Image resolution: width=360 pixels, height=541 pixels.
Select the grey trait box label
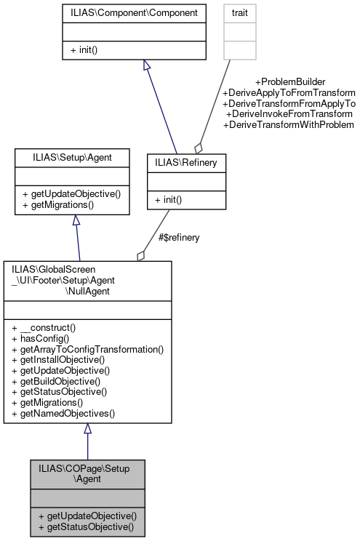pyautogui.click(x=239, y=13)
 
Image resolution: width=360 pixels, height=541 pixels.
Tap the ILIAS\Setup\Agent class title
pyautogui.click(x=72, y=157)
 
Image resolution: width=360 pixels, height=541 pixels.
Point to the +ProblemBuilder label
pyautogui.click(x=289, y=82)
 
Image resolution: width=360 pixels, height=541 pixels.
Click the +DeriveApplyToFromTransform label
pyautogui.click(x=289, y=93)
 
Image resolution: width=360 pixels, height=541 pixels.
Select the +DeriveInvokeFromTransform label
pyautogui.click(x=289, y=114)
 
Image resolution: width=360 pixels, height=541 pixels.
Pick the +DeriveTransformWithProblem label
pyautogui.click(x=289, y=125)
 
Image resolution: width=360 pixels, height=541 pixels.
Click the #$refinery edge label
pyautogui.click(x=179, y=237)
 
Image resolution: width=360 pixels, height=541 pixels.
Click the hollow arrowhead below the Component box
pyautogui.click(x=146, y=65)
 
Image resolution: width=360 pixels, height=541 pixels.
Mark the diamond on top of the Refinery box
pyautogui.click(x=199, y=147)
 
